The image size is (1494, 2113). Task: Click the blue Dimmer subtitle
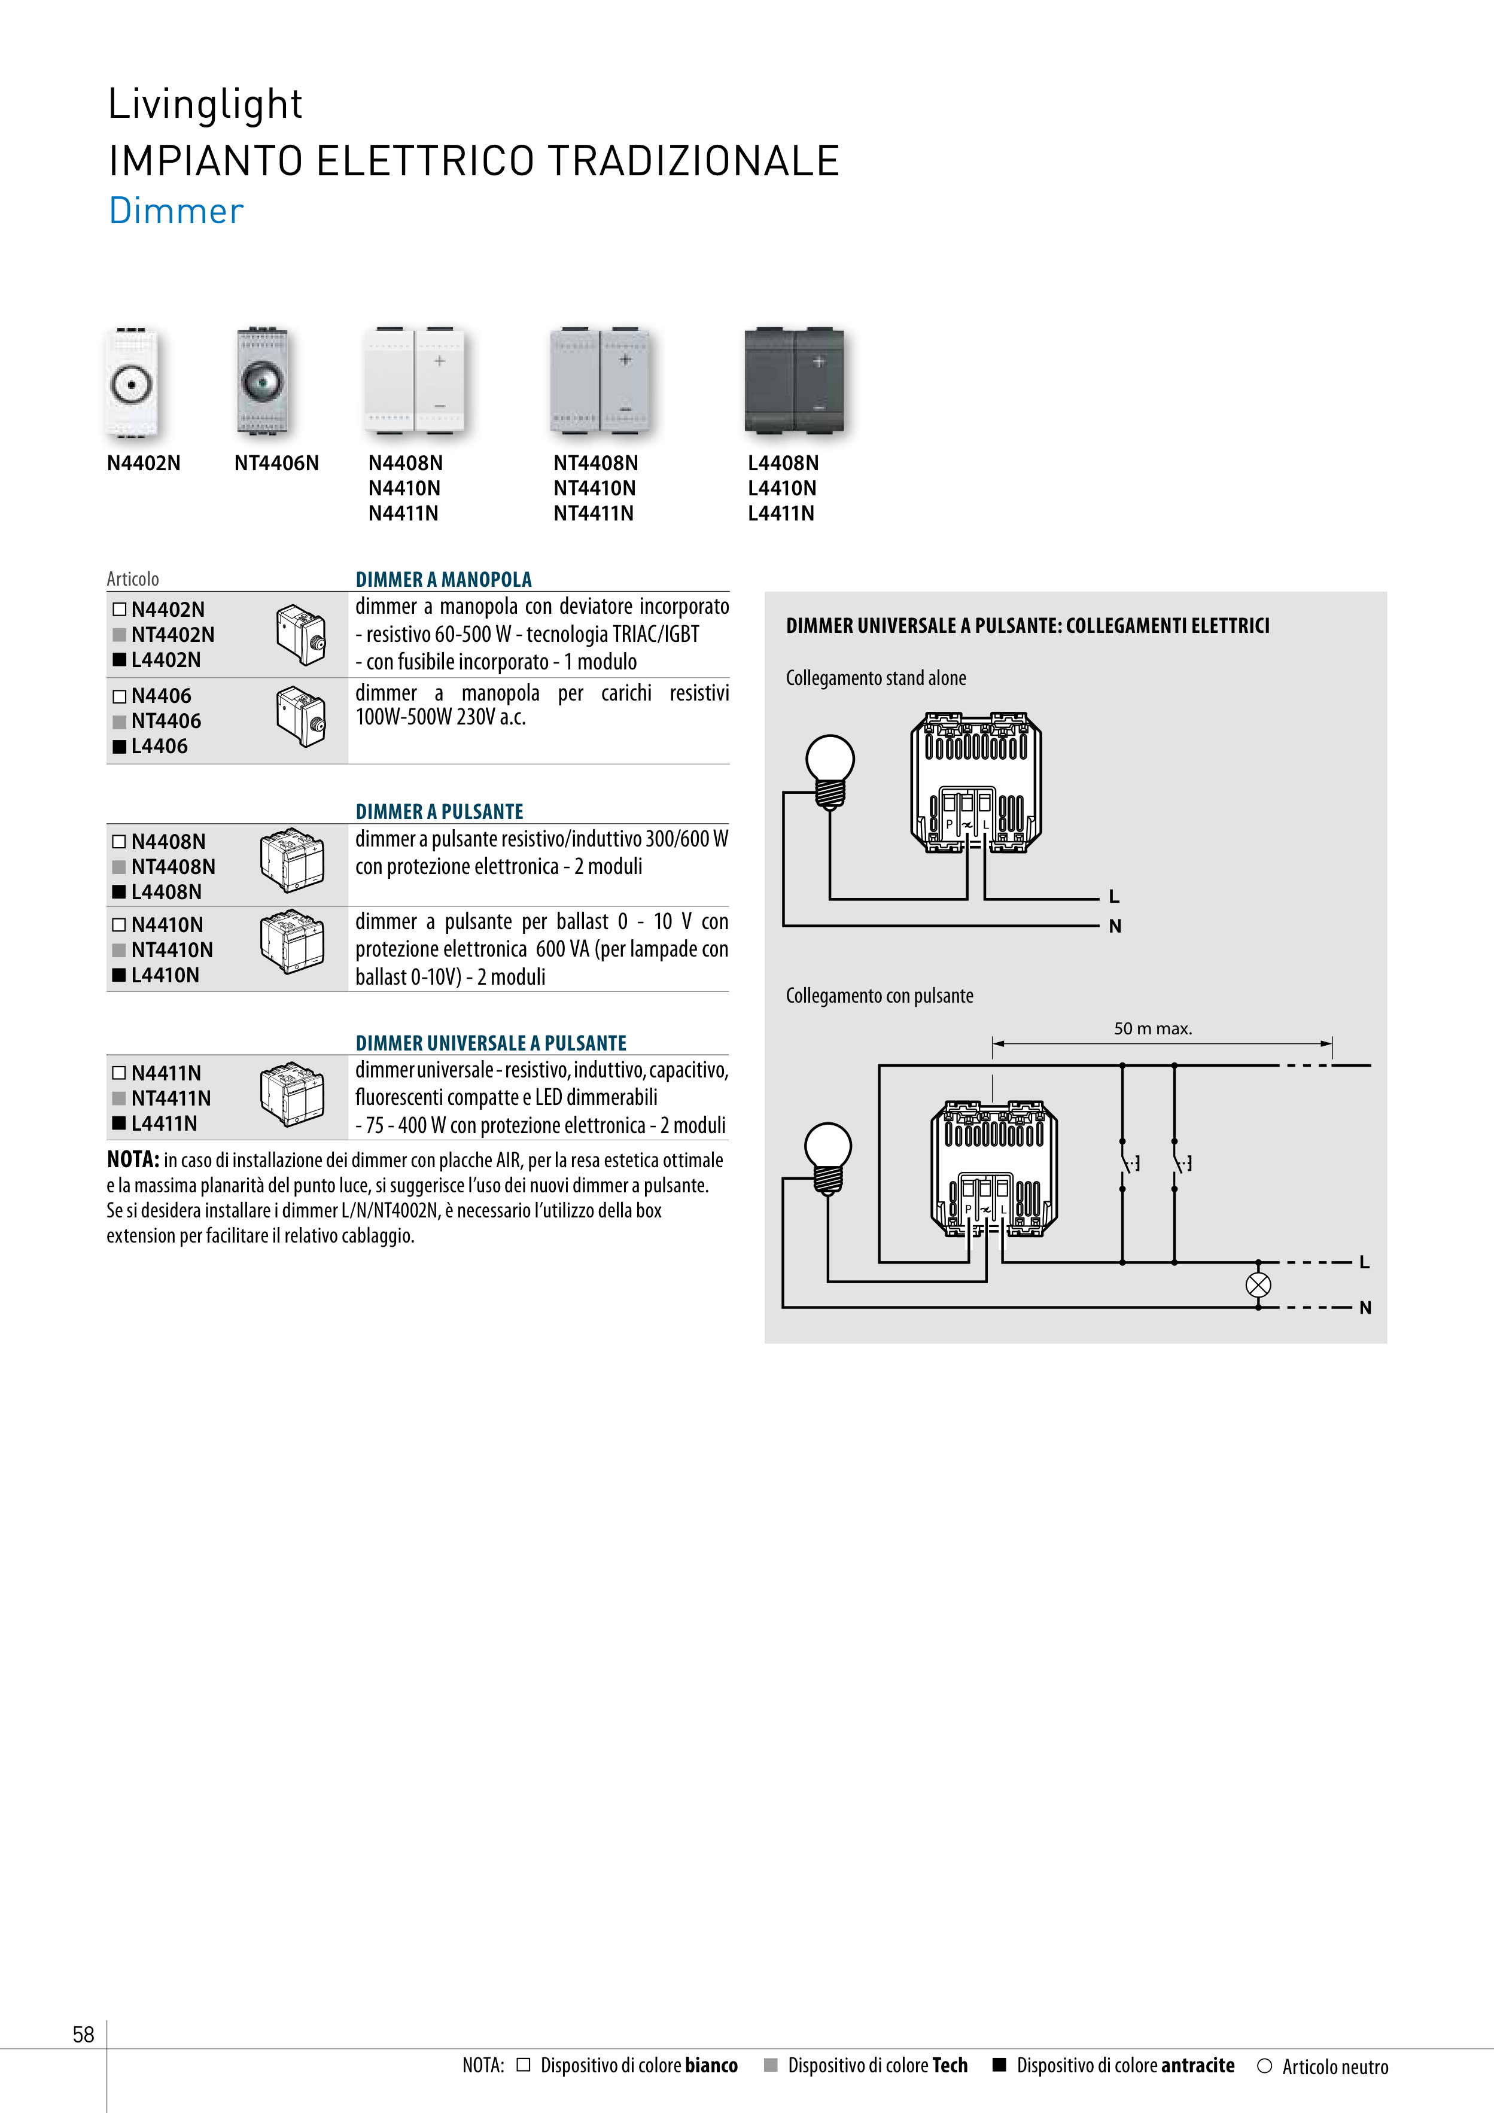tap(176, 211)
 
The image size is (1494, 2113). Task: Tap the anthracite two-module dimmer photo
tap(793, 379)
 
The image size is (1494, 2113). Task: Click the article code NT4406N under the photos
tap(276, 463)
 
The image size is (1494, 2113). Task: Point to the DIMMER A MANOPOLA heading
tap(444, 579)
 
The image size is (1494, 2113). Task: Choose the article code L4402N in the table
tap(166, 660)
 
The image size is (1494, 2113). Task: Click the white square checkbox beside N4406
tap(118, 697)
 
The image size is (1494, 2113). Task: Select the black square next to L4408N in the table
tap(118, 892)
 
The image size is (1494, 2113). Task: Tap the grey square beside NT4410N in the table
tap(118, 950)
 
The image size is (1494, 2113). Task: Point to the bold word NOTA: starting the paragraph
tap(133, 1161)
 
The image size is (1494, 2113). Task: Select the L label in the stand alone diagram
tap(1114, 896)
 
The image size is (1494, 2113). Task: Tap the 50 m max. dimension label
tap(1152, 1029)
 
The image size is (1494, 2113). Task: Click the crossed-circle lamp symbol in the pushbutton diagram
tap(1258, 1285)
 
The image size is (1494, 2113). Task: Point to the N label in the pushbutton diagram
tap(1365, 1308)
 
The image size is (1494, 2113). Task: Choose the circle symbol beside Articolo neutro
tap(1265, 2066)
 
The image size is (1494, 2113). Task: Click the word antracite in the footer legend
tap(1198, 2065)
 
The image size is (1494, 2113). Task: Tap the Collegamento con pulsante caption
tap(879, 995)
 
